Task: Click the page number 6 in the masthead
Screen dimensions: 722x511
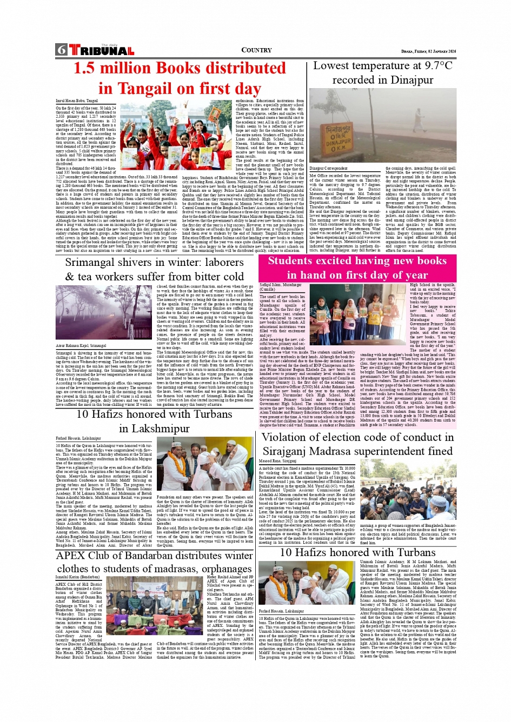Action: (x=61, y=50)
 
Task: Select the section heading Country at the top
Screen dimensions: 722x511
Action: (x=256, y=50)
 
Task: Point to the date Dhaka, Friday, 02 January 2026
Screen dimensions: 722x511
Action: (x=428, y=51)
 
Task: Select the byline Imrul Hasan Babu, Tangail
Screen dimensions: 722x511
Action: (x=77, y=101)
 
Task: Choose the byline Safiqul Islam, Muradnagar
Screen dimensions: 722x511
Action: (x=281, y=284)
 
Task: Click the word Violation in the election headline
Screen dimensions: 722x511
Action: (x=290, y=437)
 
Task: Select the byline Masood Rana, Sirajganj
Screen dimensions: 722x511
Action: (x=278, y=461)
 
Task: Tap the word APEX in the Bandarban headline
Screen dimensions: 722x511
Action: (x=70, y=555)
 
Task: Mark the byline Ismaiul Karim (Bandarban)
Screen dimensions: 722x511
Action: (x=77, y=577)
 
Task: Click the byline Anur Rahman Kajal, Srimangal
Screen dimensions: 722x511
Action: (x=81, y=345)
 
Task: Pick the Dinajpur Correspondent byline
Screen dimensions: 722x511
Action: (x=328, y=169)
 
